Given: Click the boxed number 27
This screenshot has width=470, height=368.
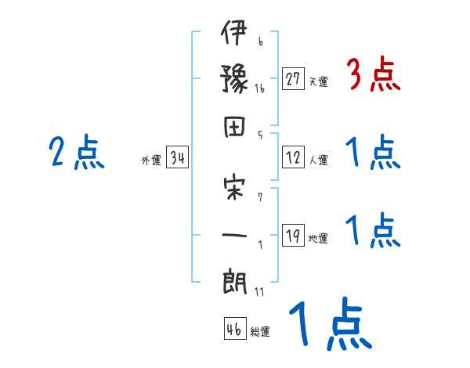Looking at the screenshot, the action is [x=293, y=79].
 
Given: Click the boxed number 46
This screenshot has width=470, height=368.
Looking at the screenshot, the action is [x=234, y=329].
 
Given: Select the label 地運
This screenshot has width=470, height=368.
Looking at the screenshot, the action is [x=318, y=239].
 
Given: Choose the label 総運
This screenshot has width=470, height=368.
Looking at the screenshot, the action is [x=260, y=331].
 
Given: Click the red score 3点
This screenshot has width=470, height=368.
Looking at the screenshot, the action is [x=373, y=76].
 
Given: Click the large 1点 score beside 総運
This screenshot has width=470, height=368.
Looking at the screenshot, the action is [x=329, y=324].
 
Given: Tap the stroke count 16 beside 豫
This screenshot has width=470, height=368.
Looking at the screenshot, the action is [x=259, y=89].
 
